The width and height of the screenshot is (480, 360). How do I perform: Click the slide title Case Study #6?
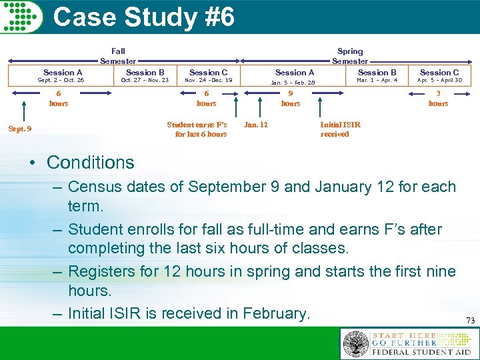click(143, 17)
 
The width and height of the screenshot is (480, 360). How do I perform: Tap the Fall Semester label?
click(118, 56)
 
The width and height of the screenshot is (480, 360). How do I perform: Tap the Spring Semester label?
click(350, 56)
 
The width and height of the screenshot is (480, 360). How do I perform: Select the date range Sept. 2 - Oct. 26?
click(61, 81)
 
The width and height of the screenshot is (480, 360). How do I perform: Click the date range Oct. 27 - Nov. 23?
click(145, 81)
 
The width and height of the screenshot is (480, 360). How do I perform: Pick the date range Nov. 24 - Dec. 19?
click(208, 81)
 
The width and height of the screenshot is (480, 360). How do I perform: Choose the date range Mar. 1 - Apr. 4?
click(377, 81)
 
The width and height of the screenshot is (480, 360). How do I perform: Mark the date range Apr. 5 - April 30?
click(439, 81)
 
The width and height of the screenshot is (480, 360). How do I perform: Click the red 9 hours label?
click(291, 99)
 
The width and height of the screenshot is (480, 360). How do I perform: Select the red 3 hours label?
click(438, 99)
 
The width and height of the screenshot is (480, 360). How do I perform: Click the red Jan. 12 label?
click(256, 124)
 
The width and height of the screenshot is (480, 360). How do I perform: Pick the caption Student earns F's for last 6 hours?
click(197, 129)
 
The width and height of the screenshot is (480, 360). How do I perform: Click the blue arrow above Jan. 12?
click(260, 105)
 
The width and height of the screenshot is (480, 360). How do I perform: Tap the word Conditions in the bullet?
click(91, 162)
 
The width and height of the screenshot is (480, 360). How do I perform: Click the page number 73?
click(470, 321)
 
